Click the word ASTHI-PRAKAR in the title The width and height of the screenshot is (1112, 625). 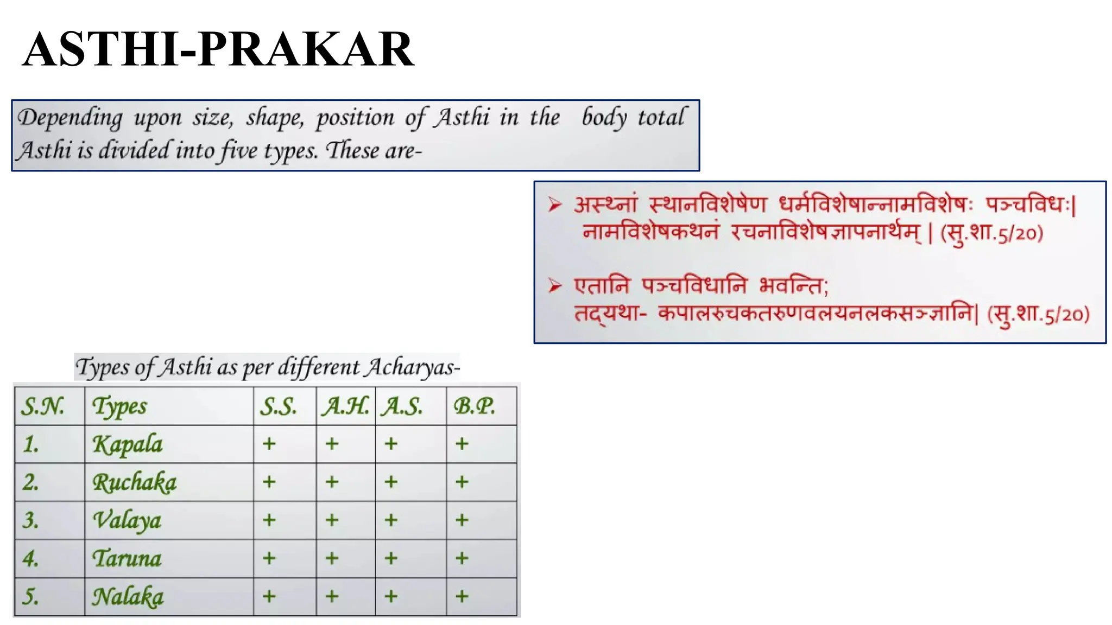click(x=218, y=49)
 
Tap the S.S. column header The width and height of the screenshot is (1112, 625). click(x=278, y=406)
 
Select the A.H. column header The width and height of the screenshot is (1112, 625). click(x=345, y=406)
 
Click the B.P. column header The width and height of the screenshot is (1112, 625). click(x=474, y=406)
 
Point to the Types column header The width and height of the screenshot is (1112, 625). click(x=119, y=406)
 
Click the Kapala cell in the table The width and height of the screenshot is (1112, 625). click(x=128, y=444)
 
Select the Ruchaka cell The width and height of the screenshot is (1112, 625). click(x=134, y=482)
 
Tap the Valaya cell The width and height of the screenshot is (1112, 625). click(x=127, y=520)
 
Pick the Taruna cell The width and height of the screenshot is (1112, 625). click(x=127, y=558)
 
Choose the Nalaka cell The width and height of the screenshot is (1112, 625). click(x=128, y=597)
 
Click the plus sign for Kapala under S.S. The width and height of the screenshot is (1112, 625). click(x=269, y=444)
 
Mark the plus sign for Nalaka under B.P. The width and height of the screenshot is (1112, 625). click(x=462, y=596)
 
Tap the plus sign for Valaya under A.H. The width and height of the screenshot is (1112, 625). click(x=332, y=520)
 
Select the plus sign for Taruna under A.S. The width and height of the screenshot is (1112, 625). click(x=391, y=558)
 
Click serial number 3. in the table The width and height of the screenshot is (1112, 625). click(x=31, y=520)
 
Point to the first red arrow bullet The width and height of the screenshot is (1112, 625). click(x=554, y=205)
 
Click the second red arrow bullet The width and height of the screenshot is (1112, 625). click(x=554, y=285)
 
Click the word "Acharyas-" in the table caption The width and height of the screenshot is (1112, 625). click(x=412, y=367)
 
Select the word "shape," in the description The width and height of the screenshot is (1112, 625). click(x=275, y=118)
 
